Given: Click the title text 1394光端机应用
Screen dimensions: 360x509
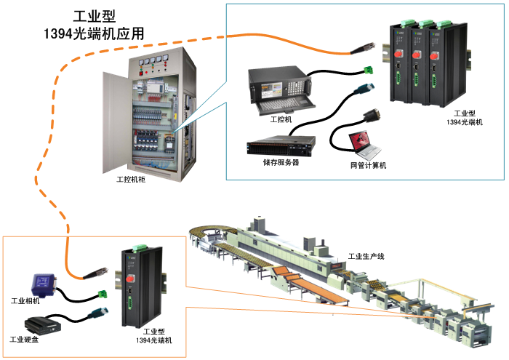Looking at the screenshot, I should pyautogui.click(x=94, y=33).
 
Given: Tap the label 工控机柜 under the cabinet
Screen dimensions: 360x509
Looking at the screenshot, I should pyautogui.click(x=131, y=178).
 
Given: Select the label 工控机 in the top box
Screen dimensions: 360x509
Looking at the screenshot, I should pyautogui.click(x=280, y=119).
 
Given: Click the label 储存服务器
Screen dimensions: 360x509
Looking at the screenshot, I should pyautogui.click(x=281, y=163).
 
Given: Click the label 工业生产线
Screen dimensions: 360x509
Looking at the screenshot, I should pyautogui.click(x=366, y=256).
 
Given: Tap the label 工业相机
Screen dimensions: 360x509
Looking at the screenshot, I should pyautogui.click(x=25, y=300).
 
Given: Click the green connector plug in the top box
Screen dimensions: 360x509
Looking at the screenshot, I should pyautogui.click(x=372, y=71).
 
